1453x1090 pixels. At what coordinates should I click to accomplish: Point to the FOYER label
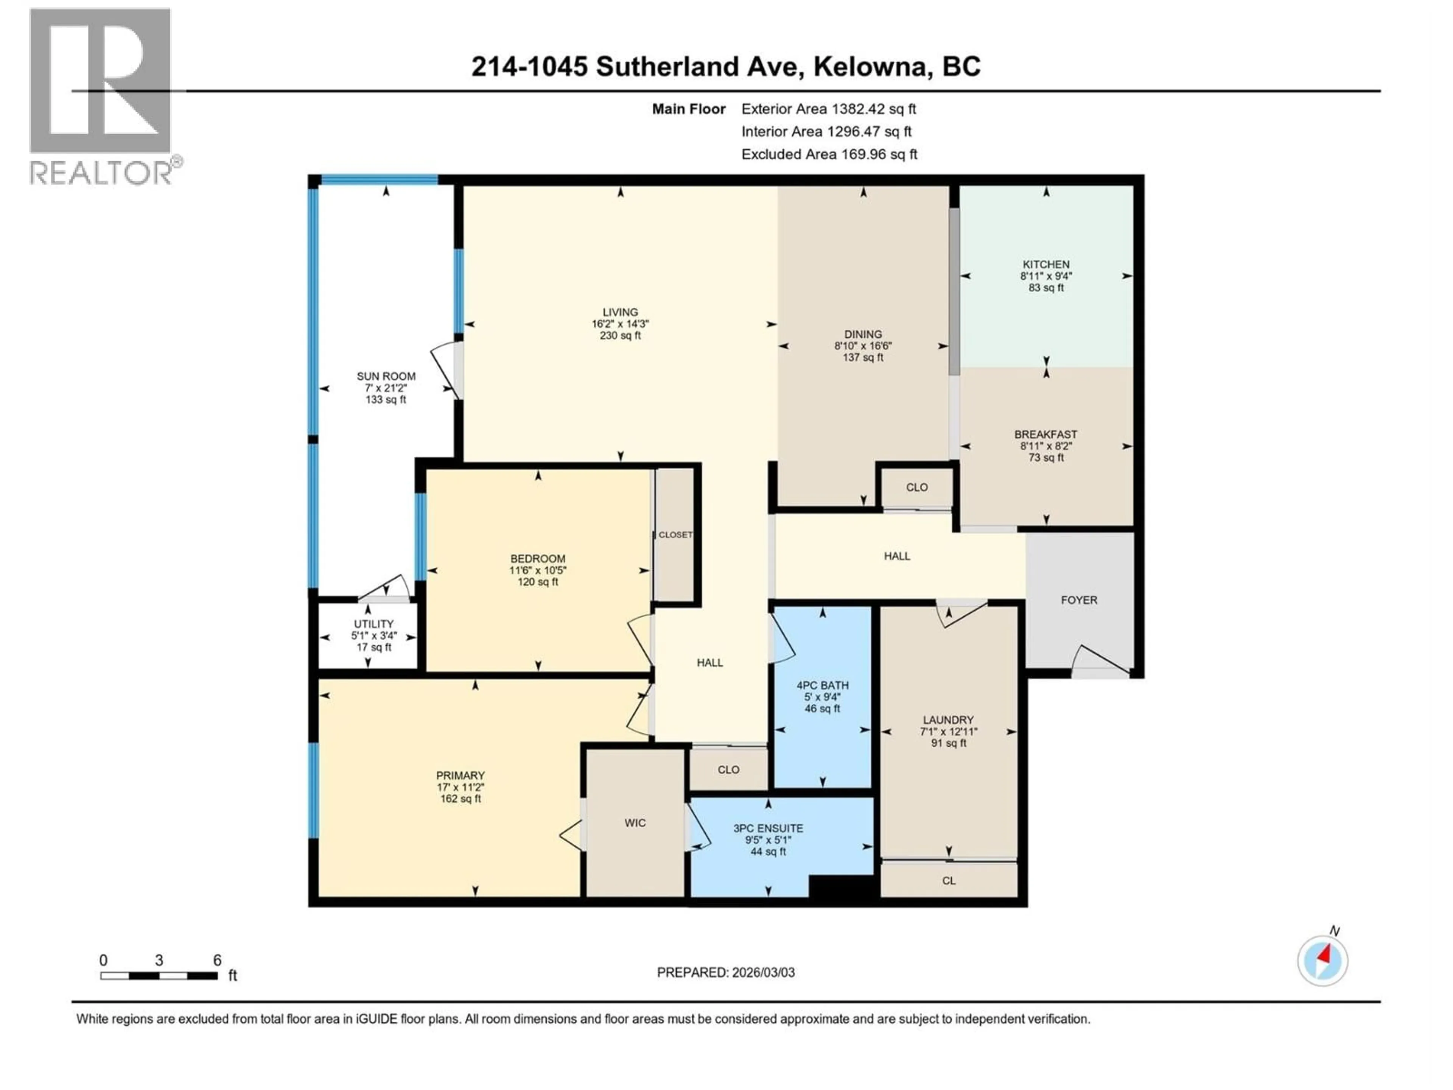click(x=1078, y=600)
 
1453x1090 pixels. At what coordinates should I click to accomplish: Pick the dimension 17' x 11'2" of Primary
click(x=460, y=787)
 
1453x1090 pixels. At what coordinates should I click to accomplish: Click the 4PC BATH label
click(x=822, y=685)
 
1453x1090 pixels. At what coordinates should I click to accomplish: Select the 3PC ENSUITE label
click(x=768, y=828)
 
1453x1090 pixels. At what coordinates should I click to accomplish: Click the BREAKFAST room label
click(x=1046, y=434)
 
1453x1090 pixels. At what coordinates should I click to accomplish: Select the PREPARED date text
click(x=726, y=972)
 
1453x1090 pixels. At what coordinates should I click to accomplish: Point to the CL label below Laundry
click(x=949, y=880)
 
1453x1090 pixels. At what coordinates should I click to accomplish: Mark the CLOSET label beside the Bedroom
click(x=675, y=535)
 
